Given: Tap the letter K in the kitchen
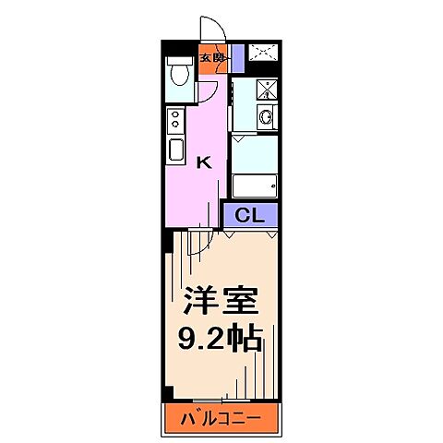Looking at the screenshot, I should click(x=205, y=162).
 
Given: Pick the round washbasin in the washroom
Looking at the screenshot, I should click(x=266, y=117).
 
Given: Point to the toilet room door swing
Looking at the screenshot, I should click(x=209, y=92).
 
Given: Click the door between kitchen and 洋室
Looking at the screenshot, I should click(x=196, y=242).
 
